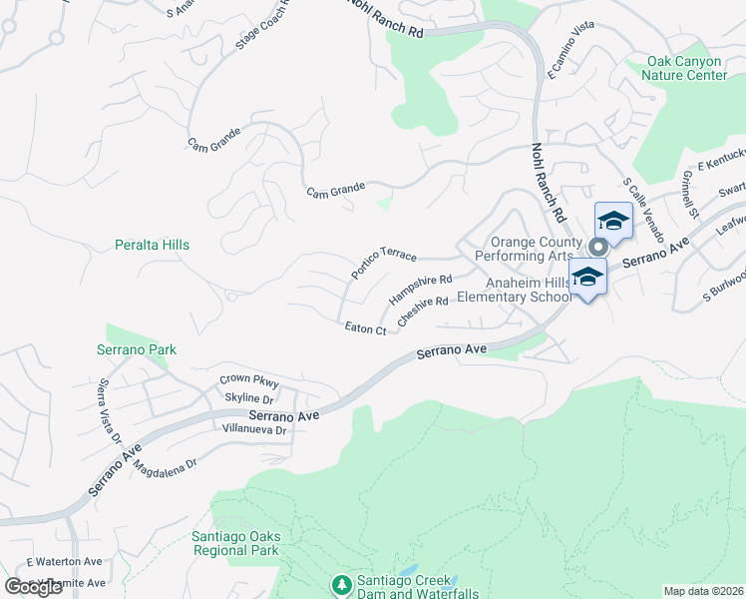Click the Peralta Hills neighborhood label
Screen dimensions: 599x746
tap(152, 245)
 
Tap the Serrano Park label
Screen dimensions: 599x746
tap(137, 350)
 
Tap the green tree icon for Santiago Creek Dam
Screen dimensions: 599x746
tap(341, 583)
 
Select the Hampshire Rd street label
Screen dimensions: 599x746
tap(420, 291)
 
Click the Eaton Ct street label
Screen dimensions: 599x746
tap(365, 327)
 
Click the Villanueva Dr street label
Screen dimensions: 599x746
tap(253, 430)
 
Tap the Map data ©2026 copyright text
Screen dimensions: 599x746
tap(702, 591)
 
